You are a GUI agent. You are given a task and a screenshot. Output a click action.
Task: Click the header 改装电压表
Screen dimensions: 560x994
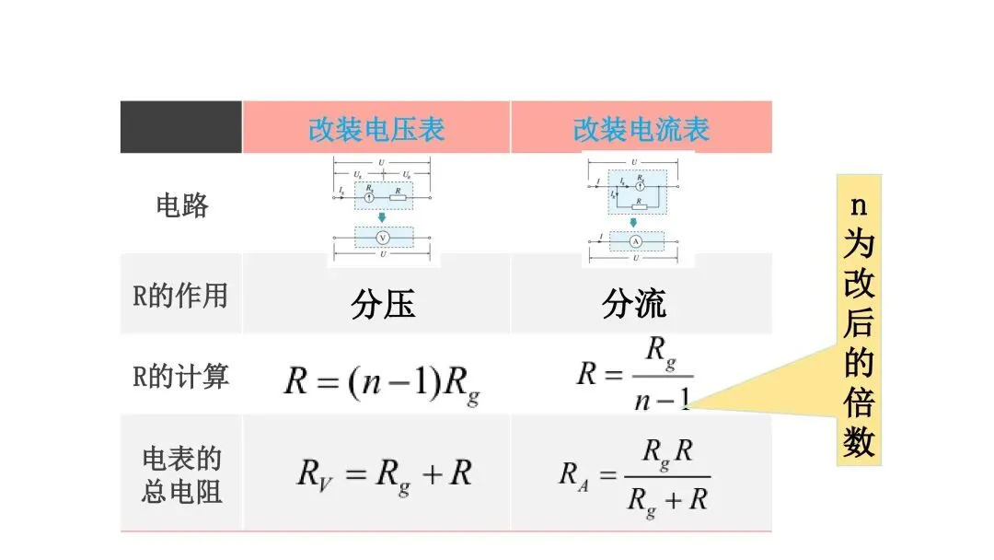[x=376, y=129]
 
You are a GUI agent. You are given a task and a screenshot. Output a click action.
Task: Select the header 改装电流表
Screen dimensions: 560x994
[x=641, y=129]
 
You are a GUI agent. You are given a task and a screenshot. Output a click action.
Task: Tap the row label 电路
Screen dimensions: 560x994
[x=181, y=204]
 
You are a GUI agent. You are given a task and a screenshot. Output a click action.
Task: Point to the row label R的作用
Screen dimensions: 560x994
[x=180, y=296]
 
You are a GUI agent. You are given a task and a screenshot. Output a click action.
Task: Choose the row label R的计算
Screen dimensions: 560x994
[x=180, y=376]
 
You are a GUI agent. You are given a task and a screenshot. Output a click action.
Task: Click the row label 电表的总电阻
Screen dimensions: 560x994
[x=181, y=475]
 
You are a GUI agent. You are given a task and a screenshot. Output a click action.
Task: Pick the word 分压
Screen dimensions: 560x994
[x=383, y=304]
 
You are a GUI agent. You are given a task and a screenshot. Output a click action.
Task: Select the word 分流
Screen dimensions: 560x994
[x=634, y=304]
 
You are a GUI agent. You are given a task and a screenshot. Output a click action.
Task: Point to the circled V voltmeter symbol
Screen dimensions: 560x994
[x=384, y=238]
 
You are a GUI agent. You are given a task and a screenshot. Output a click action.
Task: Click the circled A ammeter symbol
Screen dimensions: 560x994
[x=634, y=241]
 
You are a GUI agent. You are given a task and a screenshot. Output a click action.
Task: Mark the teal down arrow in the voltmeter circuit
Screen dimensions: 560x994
[x=382, y=217]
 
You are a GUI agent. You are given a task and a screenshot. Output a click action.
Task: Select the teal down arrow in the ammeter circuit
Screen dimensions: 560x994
[x=634, y=222]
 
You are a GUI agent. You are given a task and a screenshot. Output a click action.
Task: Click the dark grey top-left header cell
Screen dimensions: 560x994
[x=181, y=127]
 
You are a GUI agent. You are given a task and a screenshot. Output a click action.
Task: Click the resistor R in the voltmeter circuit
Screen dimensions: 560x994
[x=397, y=197]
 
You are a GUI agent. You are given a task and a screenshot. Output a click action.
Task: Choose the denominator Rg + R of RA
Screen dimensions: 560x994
[x=666, y=500]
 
